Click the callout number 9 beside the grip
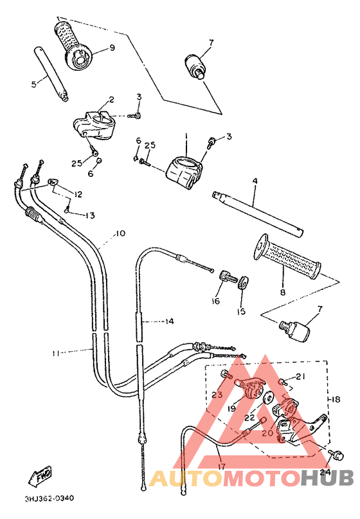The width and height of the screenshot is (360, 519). pyautogui.click(x=111, y=48)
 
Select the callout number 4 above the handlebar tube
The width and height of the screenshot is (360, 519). pyautogui.click(x=255, y=182)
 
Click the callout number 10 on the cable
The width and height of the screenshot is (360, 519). pyautogui.click(x=120, y=233)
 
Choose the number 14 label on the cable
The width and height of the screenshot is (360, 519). pyautogui.click(x=168, y=321)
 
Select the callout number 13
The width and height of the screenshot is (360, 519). pyautogui.click(x=89, y=215)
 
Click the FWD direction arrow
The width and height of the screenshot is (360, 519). pyautogui.click(x=40, y=477)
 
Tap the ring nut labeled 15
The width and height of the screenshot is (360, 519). pyautogui.click(x=243, y=282)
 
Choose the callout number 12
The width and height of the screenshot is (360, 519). pyautogui.click(x=78, y=194)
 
